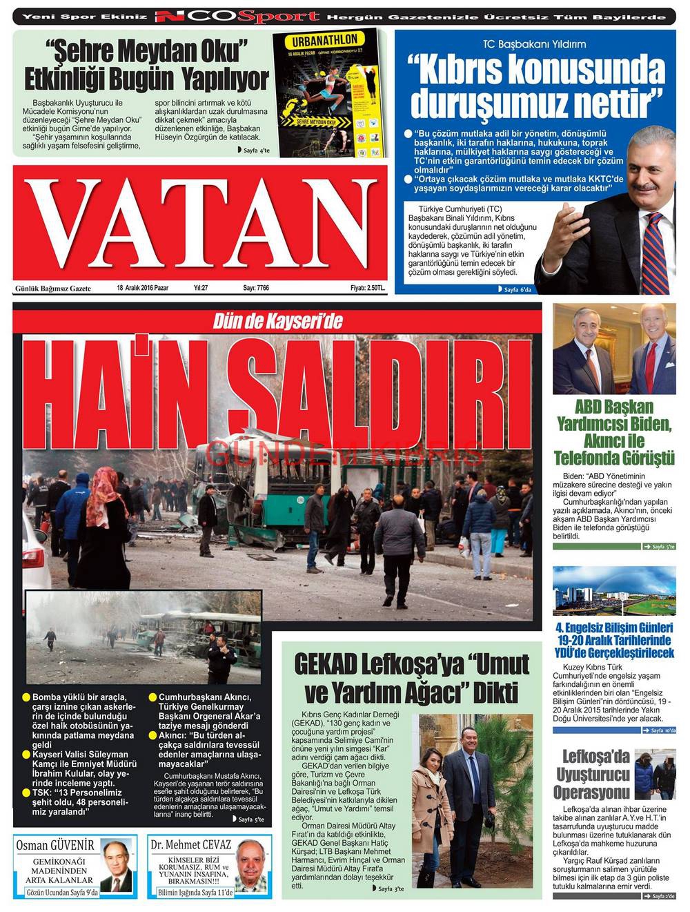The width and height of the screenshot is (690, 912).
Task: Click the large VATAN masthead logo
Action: click(199, 220)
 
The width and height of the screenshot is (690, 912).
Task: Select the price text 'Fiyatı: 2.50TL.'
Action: click(367, 288)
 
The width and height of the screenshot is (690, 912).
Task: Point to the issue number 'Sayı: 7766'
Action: click(256, 288)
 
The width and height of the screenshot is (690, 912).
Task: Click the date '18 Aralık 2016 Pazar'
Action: click(143, 288)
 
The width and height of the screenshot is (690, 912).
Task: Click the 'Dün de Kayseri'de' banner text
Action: click(277, 321)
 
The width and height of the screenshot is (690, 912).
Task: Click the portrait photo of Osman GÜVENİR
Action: click(117, 866)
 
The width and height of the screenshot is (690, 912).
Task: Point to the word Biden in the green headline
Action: click(648, 423)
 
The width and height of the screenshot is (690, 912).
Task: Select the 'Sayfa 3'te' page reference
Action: click(391, 889)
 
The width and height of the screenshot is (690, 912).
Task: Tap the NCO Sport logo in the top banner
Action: click(237, 17)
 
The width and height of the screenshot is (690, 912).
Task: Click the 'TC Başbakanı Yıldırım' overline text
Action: click(535, 43)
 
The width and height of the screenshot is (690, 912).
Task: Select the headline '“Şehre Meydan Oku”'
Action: click(146, 51)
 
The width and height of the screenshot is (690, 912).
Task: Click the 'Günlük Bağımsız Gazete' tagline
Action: click(53, 288)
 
